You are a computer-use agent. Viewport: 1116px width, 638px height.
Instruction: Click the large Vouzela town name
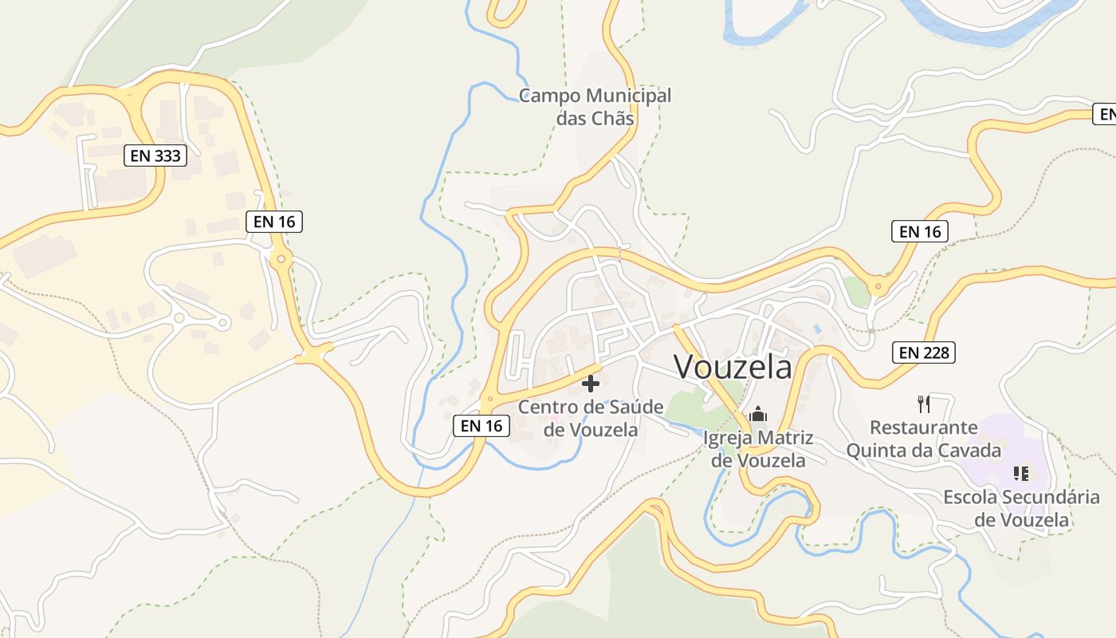tap(733, 367)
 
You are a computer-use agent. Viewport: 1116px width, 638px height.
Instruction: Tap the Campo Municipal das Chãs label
tap(595, 107)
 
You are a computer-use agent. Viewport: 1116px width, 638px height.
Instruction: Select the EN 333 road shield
tap(155, 156)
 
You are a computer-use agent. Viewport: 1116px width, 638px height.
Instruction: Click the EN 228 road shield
tap(925, 352)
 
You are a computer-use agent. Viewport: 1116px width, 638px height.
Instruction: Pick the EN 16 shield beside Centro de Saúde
tap(481, 426)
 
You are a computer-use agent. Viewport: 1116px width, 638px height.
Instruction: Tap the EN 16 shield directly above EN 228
tap(920, 232)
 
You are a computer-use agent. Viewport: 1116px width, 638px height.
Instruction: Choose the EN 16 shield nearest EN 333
tap(275, 222)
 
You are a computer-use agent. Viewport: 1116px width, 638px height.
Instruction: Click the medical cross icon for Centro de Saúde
tap(591, 384)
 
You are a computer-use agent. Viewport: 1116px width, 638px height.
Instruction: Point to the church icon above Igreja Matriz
tap(757, 414)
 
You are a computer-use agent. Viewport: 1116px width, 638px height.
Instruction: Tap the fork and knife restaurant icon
tap(923, 404)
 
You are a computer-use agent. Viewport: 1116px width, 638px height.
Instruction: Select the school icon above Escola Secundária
tap(1020, 474)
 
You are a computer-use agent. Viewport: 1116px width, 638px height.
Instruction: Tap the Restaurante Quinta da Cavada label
tap(923, 439)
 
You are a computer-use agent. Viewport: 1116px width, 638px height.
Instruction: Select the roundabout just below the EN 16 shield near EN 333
tap(281, 258)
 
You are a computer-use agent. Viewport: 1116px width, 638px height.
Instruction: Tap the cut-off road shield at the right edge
tap(1105, 114)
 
